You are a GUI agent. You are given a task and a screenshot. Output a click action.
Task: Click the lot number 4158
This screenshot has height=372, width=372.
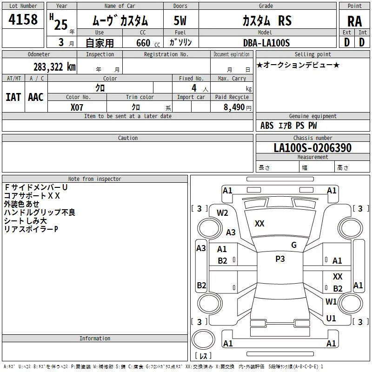23,20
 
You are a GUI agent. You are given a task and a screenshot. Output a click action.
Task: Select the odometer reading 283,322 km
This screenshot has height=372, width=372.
54,67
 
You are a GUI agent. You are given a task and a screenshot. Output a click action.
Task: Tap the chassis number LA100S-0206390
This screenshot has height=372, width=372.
312,147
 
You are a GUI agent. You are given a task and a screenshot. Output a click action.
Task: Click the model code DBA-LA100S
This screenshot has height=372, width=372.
266,43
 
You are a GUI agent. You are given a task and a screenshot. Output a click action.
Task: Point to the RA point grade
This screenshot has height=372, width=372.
355,21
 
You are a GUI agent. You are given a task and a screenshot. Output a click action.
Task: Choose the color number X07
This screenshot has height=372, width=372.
77,107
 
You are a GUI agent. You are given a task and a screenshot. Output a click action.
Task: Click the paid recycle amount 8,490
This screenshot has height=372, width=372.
234,107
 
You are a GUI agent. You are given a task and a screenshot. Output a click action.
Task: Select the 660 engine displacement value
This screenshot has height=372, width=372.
143,43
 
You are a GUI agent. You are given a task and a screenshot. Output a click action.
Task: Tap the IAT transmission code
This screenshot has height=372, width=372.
13,97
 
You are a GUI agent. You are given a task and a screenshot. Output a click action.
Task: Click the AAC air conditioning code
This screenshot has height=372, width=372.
36,97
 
